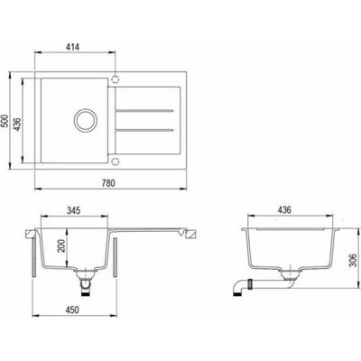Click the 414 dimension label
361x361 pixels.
click(x=72, y=47)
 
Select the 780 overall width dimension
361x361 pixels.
click(x=108, y=183)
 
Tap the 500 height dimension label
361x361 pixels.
click(x=5, y=121)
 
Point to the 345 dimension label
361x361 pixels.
click(x=73, y=210)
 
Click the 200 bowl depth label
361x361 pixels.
click(x=61, y=246)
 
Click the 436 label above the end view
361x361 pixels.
click(x=284, y=209)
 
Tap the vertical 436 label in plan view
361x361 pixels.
click(x=17, y=124)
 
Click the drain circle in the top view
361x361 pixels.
click(x=86, y=120)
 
